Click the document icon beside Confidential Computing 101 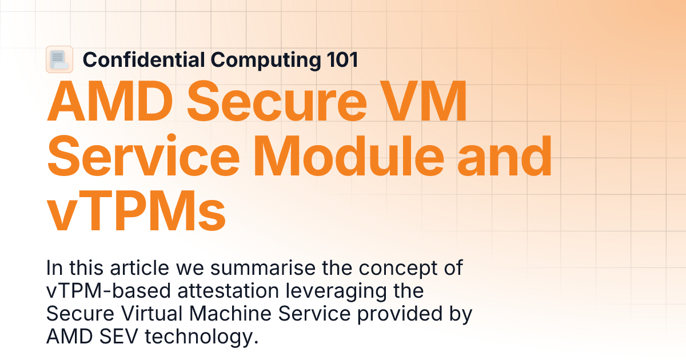pos(59,59)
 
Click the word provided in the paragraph pos(397,313)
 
